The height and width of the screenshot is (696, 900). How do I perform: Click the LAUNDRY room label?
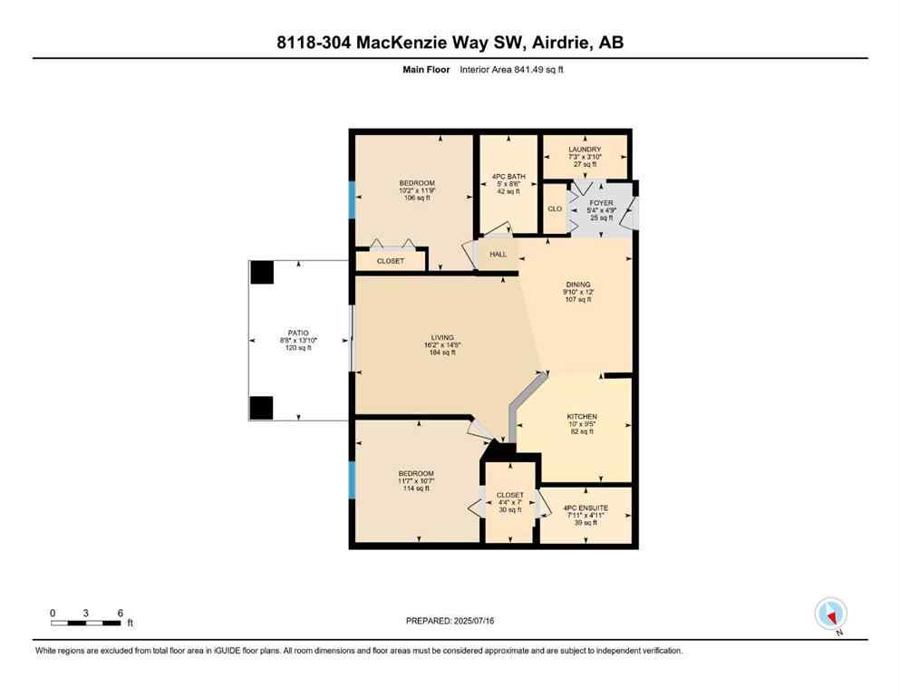pyautogui.click(x=585, y=150)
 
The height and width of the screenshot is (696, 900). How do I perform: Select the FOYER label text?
pyautogui.click(x=602, y=204)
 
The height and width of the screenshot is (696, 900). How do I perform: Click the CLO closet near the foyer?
pyautogui.click(x=555, y=209)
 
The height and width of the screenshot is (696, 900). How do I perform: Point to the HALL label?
pyautogui.click(x=498, y=255)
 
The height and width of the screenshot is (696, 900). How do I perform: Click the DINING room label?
pyautogui.click(x=577, y=285)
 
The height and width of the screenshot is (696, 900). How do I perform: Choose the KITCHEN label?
pyautogui.click(x=582, y=417)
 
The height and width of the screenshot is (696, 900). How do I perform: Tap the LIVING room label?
pyautogui.click(x=442, y=338)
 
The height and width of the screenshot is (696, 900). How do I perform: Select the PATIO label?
pyautogui.click(x=299, y=333)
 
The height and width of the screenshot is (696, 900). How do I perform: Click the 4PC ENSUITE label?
pyautogui.click(x=585, y=508)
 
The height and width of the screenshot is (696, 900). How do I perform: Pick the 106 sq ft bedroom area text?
pyautogui.click(x=417, y=198)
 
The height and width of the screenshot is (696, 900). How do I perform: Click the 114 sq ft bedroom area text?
pyautogui.click(x=416, y=488)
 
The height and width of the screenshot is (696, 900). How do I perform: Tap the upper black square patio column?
pyautogui.click(x=262, y=272)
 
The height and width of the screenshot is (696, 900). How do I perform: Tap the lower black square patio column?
pyautogui.click(x=262, y=408)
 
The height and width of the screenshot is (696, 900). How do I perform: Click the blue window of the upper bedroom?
pyautogui.click(x=352, y=199)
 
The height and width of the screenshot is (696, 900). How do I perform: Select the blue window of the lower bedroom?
pyautogui.click(x=352, y=480)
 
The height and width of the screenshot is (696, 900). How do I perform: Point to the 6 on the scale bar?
pyautogui.click(x=120, y=613)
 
